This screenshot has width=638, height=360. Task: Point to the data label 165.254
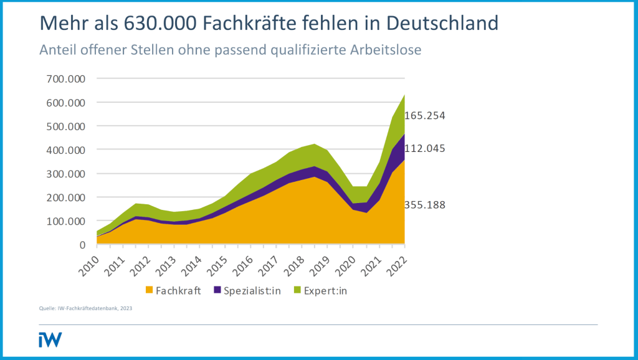click(x=425, y=116)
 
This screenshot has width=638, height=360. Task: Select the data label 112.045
click(x=425, y=148)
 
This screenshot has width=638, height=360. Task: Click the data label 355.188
click(x=425, y=205)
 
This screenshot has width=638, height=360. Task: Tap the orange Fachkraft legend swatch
click(x=149, y=290)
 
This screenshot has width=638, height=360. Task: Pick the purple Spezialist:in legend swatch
click(x=217, y=290)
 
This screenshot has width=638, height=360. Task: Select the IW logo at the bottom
click(x=50, y=339)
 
